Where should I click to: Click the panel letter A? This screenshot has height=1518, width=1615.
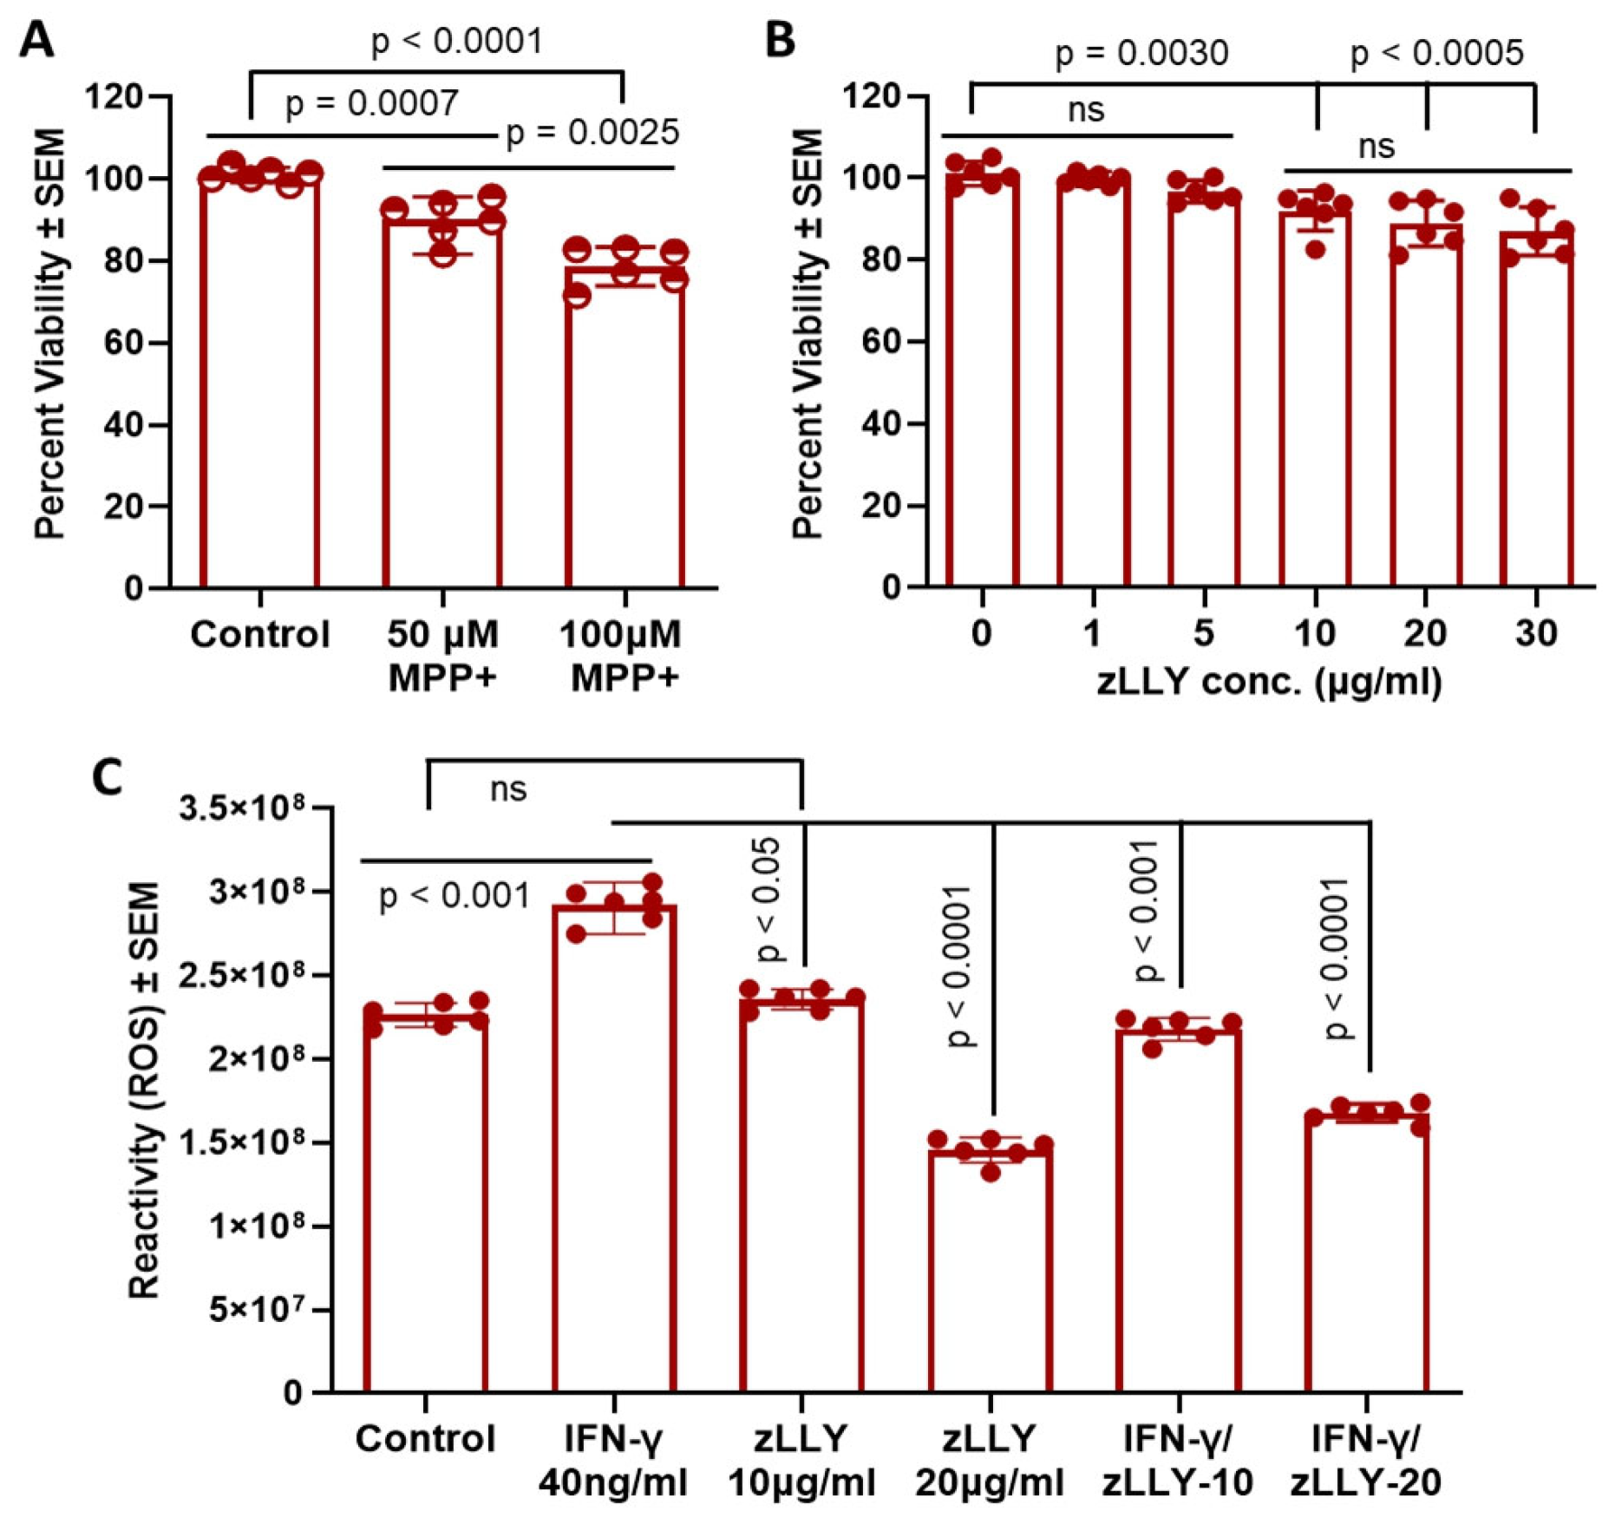click(36, 40)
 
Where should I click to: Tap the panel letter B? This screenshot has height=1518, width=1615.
click(780, 40)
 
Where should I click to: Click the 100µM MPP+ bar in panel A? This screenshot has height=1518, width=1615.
click(624, 425)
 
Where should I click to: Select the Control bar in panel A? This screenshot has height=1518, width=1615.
click(259, 382)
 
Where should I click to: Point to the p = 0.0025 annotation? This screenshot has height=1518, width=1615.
click(592, 133)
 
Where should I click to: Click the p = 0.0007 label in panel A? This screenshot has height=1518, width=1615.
click(371, 104)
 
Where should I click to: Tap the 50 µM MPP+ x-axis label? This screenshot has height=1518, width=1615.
click(442, 655)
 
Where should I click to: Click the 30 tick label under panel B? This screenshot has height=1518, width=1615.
click(1536, 633)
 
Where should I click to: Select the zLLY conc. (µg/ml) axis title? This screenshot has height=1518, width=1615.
click(1269, 682)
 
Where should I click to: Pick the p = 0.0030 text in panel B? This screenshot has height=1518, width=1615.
click(1141, 54)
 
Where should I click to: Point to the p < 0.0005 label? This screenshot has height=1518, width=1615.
click(1436, 54)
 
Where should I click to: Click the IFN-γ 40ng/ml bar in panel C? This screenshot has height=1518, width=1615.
click(614, 1145)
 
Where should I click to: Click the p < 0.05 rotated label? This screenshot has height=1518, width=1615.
click(768, 900)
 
